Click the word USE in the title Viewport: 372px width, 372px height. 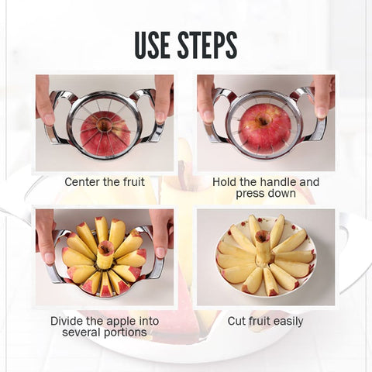pyautogui.click(x=152, y=45)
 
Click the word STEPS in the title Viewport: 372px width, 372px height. pyautogui.click(x=208, y=45)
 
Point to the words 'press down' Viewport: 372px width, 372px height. pyautogui.click(x=266, y=193)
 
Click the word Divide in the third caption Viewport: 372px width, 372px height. pyautogui.click(x=67, y=321)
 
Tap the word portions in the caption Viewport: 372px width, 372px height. pyautogui.click(x=126, y=332)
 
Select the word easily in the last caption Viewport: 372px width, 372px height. pyautogui.click(x=288, y=322)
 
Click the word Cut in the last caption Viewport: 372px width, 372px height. pyautogui.click(x=236, y=322)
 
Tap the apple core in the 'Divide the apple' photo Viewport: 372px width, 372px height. pyautogui.click(x=105, y=254)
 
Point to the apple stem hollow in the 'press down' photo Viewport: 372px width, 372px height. pyautogui.click(x=263, y=120)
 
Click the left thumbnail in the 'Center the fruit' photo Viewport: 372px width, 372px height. pyautogui.click(x=49, y=119)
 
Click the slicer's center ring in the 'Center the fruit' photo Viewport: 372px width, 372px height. pyautogui.click(x=105, y=125)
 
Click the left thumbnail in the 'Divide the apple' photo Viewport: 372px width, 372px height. pyautogui.click(x=50, y=258)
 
